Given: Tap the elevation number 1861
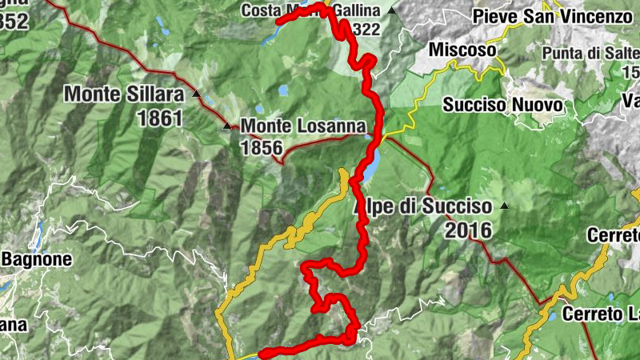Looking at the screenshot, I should coord(160,118).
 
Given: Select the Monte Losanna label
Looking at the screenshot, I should coord(303,126).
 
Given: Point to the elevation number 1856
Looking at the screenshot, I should coord(261,147).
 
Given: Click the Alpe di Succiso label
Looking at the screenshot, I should coord(422,206).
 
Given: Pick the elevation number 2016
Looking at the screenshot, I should coord(464,230).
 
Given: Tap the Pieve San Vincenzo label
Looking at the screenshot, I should coord(553,16).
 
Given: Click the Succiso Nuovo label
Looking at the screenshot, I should coord(503,105).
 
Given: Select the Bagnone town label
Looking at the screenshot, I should coord(37,259).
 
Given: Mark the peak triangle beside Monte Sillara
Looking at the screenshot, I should coord(196,94).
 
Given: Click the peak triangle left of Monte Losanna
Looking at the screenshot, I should coord(228,126).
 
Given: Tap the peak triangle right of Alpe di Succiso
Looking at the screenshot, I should coord(504,206).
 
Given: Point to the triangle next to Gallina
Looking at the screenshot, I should coord(391,11).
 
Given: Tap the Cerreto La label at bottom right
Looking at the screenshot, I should coord(601,314).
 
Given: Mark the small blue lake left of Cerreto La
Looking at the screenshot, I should coord(552,316).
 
